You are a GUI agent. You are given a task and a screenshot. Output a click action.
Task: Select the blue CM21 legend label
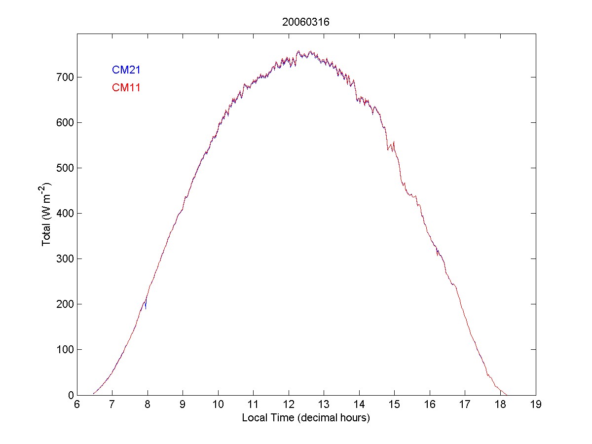tap(126, 70)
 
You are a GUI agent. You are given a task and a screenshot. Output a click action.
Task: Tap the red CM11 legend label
tap(126, 88)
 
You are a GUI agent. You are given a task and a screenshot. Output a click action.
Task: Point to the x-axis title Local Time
tap(306, 418)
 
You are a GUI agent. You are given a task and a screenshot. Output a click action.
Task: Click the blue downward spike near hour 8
tap(146, 307)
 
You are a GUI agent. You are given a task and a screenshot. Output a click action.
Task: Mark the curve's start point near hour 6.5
tap(93, 394)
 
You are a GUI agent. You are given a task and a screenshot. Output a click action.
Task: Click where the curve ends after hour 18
tap(507, 395)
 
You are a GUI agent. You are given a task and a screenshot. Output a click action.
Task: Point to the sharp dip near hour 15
tap(388, 149)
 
